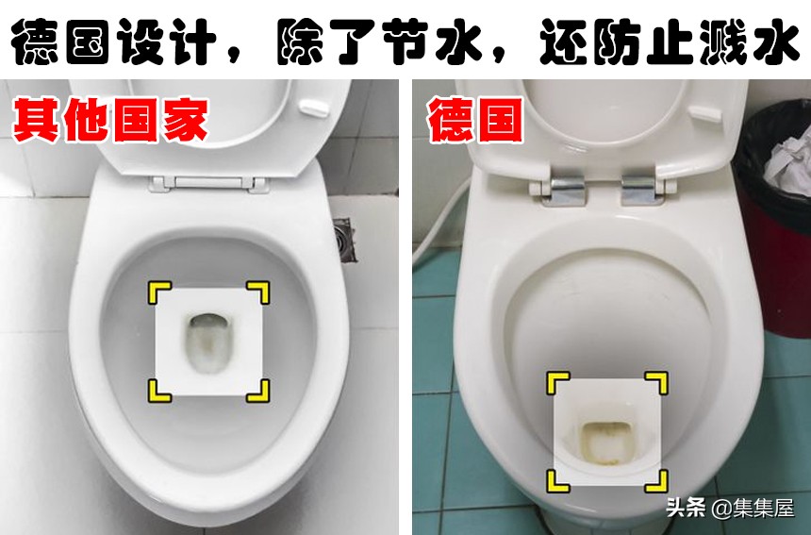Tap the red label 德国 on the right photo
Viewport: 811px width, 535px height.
tap(475, 120)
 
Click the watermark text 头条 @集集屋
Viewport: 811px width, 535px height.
tap(730, 508)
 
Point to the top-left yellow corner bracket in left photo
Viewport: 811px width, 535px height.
tap(157, 293)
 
